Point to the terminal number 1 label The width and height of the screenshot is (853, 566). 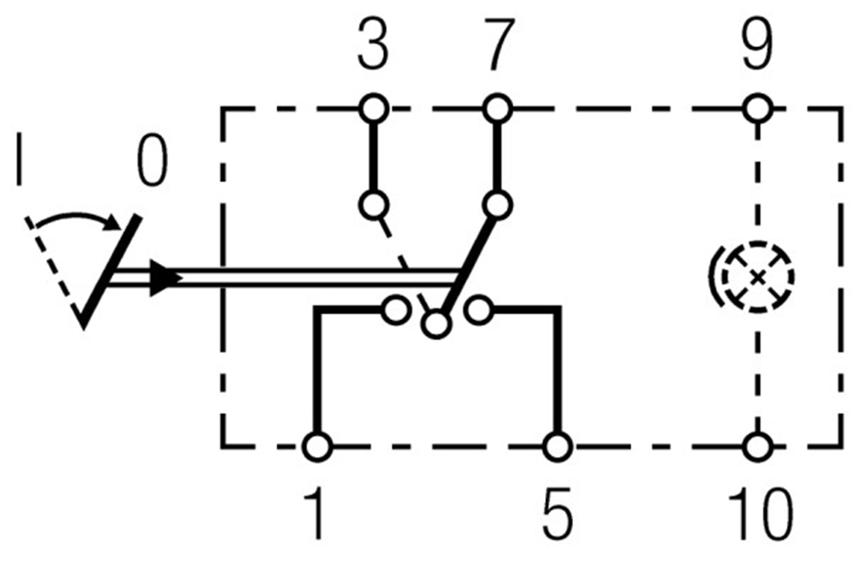316,513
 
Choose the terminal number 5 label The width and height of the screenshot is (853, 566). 558,513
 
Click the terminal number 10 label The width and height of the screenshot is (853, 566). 761,513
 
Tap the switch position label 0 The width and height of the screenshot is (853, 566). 152,160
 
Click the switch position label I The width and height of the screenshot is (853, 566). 20,159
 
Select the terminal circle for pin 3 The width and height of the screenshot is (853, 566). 374,109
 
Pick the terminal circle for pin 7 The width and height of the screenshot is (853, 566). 497,109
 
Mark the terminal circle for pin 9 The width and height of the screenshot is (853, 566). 757,109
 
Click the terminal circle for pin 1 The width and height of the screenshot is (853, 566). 316,446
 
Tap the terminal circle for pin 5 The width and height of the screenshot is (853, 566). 558,446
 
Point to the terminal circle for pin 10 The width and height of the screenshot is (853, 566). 757,446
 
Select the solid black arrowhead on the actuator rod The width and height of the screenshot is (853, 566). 165,278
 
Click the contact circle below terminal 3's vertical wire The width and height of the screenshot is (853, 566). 374,205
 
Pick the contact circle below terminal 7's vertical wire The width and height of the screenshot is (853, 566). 497,205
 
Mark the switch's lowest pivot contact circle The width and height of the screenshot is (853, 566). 436,325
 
